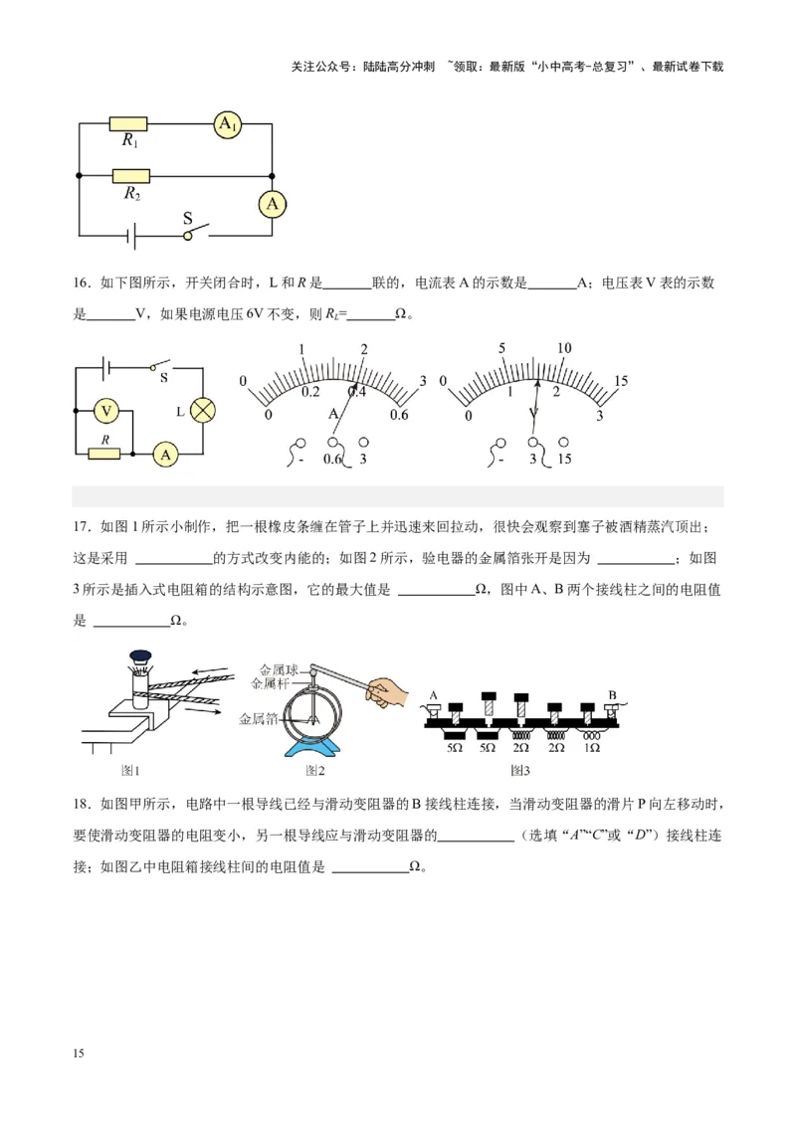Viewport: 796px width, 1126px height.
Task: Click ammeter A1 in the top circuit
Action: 228,123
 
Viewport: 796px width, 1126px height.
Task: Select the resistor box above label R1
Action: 128,123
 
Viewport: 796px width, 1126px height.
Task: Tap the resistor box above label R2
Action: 130,176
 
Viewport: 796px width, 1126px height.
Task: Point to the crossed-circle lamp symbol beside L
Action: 204,410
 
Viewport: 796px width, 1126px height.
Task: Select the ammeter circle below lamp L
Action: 165,454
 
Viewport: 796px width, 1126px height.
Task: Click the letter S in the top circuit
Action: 187,218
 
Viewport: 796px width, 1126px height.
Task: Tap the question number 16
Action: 82,283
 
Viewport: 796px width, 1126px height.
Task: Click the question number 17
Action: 82,526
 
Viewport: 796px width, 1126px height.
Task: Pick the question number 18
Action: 82,804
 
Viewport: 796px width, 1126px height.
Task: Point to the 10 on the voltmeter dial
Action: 564,348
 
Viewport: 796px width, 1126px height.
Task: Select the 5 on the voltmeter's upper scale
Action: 503,348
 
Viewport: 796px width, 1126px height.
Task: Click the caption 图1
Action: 129,770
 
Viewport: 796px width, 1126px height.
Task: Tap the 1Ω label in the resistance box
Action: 591,747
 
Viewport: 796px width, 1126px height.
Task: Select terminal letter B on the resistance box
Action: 613,693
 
